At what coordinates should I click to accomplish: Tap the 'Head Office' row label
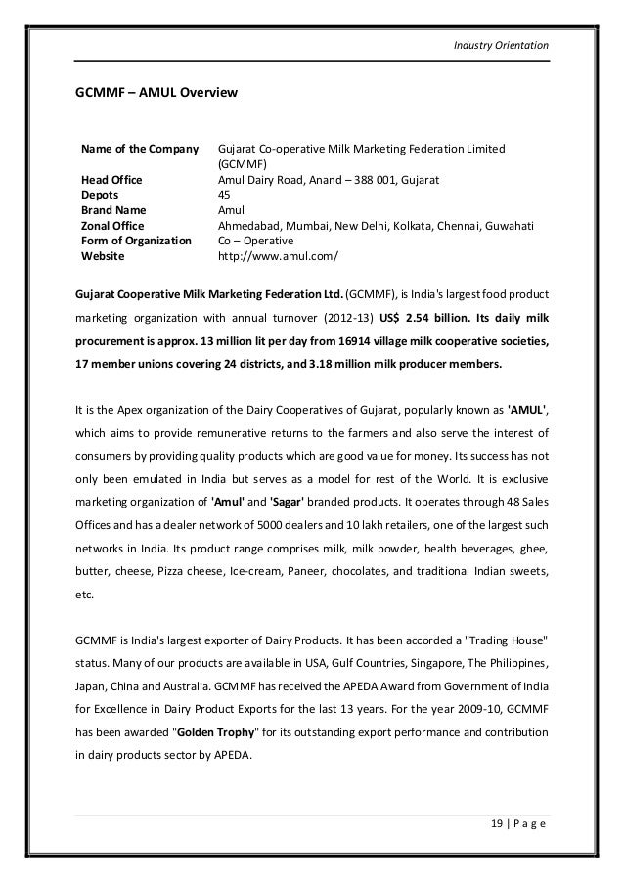coord(111,180)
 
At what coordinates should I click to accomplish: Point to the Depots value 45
coord(223,195)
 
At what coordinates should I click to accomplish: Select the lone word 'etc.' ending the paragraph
coord(85,590)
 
